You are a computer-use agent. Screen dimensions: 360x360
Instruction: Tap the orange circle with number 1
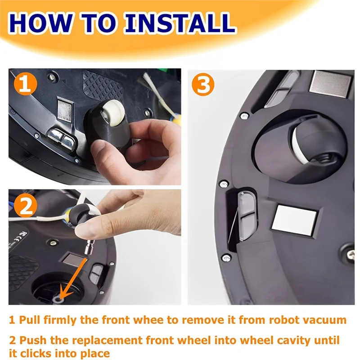[x=26, y=84]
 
